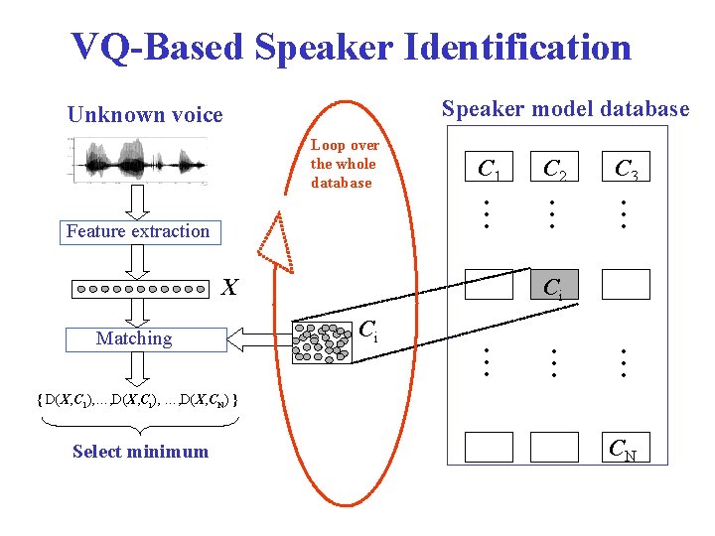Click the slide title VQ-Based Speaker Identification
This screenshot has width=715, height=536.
tap(352, 47)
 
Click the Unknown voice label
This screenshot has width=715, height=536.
tap(145, 115)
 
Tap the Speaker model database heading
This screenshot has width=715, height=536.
tap(565, 109)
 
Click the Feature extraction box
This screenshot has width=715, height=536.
tap(138, 231)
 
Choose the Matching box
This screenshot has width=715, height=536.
tap(134, 338)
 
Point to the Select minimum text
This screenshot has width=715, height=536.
tap(140, 452)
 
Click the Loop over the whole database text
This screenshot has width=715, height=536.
tap(344, 164)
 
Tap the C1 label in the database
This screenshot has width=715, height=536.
tap(489, 171)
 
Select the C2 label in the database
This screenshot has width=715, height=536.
tap(554, 171)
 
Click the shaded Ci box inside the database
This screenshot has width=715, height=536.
tap(554, 286)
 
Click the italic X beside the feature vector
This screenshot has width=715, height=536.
tap(229, 288)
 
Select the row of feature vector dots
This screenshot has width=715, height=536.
tap(143, 290)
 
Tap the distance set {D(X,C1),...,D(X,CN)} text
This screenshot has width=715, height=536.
tap(134, 400)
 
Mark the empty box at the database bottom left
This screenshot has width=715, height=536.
tap(489, 447)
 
